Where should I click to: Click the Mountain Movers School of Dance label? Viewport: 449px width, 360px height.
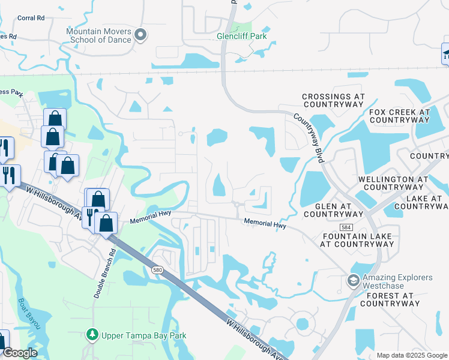[x=98, y=35]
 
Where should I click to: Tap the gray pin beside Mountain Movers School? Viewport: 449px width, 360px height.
[x=141, y=35]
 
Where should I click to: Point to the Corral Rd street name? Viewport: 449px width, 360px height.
[x=31, y=18]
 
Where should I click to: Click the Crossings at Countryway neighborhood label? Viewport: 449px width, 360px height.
[x=333, y=100]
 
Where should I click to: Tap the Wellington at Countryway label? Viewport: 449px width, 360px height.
[x=393, y=183]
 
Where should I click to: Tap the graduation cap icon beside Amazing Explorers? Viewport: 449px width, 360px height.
[x=354, y=280]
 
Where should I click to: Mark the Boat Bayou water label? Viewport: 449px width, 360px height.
[x=29, y=313]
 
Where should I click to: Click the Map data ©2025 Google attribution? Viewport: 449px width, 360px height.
[x=411, y=355]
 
